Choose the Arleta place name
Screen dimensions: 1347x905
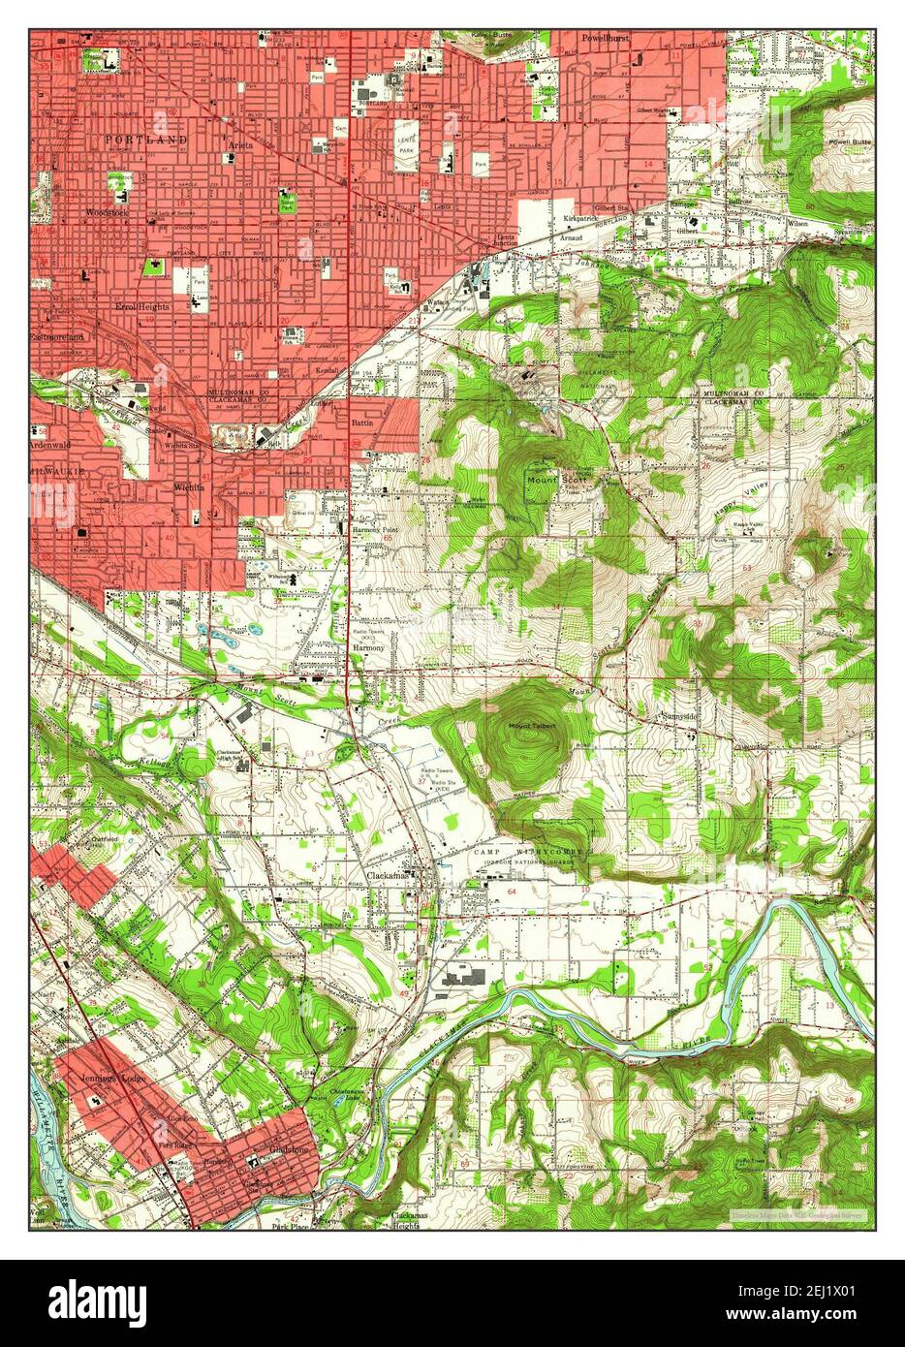point(240,145)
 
